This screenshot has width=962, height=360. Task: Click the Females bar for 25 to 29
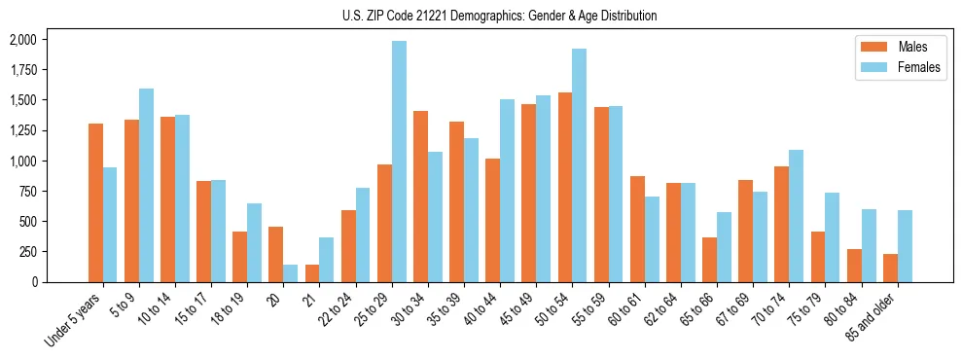tap(399, 162)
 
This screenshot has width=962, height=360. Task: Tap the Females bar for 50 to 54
tap(580, 165)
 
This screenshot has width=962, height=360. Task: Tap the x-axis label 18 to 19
tap(230, 309)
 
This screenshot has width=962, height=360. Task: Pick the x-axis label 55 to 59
tap(590, 309)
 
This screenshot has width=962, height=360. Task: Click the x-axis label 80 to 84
tap(844, 309)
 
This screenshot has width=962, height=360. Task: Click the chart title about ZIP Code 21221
tap(500, 16)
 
